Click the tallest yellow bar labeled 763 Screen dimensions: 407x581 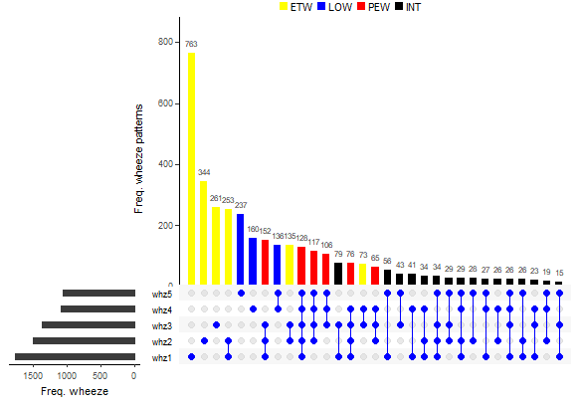click(x=191, y=169)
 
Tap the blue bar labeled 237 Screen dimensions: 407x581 click(x=240, y=249)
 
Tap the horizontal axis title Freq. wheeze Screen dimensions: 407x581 click(x=75, y=391)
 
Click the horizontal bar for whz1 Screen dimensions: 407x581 click(x=75, y=356)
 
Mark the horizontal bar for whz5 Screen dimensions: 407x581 click(x=98, y=294)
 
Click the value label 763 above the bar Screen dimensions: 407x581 click(x=191, y=44)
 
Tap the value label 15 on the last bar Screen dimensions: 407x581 click(x=559, y=273)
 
